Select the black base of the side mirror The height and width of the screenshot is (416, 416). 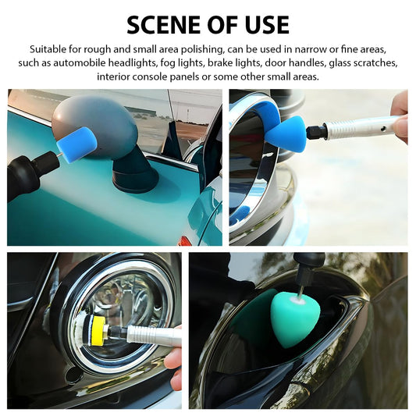(135, 172)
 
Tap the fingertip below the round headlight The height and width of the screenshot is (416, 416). (172, 361)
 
